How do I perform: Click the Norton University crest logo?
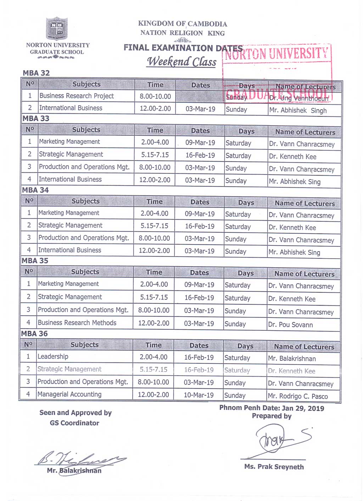(57, 28)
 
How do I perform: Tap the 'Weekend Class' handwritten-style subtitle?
(181, 61)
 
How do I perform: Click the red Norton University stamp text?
(277, 53)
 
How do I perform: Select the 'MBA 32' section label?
(36, 73)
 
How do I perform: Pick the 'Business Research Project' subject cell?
(77, 96)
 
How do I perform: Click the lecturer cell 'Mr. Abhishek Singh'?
(298, 110)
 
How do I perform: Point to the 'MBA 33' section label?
(36, 118)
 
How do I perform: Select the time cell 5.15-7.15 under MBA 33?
(155, 155)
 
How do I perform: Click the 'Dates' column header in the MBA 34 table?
(200, 202)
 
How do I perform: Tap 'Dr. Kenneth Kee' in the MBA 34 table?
(292, 227)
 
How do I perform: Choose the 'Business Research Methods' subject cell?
(77, 323)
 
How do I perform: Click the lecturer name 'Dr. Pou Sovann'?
(290, 325)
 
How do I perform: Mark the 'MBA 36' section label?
(34, 334)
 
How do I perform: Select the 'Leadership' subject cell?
(53, 356)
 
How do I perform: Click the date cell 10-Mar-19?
(199, 395)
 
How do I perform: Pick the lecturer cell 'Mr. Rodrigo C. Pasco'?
(298, 396)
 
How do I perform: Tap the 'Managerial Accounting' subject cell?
(69, 394)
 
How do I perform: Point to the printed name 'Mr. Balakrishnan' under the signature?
(74, 470)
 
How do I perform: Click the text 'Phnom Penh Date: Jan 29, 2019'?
(272, 408)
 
